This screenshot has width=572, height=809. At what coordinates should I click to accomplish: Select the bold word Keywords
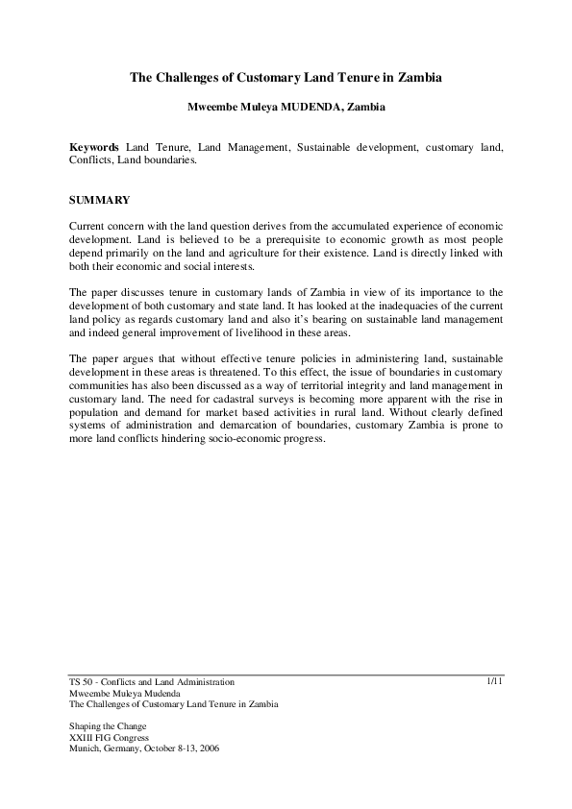[x=95, y=147]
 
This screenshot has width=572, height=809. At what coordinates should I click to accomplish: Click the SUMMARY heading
[x=100, y=201]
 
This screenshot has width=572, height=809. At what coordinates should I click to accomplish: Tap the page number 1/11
[x=495, y=681]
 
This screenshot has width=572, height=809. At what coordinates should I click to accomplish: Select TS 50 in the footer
[x=82, y=682]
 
